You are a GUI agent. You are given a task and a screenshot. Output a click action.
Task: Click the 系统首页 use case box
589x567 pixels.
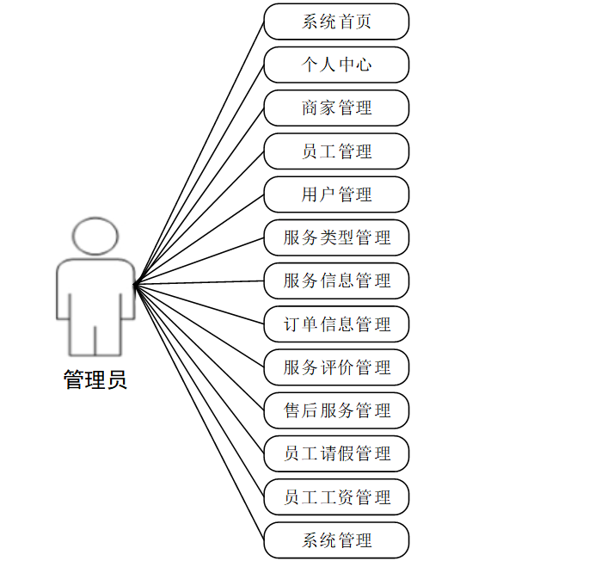[336, 22]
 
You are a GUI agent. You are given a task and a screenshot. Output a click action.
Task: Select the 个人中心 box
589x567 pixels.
[336, 65]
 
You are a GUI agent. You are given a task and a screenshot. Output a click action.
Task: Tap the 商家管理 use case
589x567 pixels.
[336, 108]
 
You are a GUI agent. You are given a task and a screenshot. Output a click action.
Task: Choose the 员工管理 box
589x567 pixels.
[336, 151]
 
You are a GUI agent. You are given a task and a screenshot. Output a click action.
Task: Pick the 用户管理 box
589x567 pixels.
[336, 194]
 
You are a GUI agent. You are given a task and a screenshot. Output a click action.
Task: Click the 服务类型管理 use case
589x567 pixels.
[336, 237]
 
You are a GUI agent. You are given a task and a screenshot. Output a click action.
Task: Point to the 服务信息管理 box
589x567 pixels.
[336, 280]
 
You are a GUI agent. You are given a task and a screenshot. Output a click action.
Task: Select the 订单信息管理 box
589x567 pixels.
[336, 324]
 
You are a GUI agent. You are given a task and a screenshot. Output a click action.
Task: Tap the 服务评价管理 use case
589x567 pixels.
[336, 367]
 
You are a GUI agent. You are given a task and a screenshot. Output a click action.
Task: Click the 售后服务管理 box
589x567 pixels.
[336, 410]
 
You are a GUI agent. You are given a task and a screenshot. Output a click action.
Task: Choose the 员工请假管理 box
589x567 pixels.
[336, 453]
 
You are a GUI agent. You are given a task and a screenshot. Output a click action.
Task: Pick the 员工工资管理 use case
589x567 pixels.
[336, 497]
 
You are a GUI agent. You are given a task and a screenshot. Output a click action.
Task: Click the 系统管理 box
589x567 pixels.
[336, 540]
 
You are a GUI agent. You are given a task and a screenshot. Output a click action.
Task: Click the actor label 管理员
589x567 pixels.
[95, 379]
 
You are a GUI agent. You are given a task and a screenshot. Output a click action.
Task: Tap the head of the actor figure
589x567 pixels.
[95, 237]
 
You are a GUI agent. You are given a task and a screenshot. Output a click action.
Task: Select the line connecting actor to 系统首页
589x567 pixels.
[199, 151]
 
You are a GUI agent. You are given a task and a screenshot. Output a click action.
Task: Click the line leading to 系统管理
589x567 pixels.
[199, 411]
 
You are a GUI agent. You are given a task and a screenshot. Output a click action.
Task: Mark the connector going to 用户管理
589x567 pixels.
[199, 238]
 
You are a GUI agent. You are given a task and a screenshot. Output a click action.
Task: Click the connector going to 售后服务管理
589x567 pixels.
[199, 347]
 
